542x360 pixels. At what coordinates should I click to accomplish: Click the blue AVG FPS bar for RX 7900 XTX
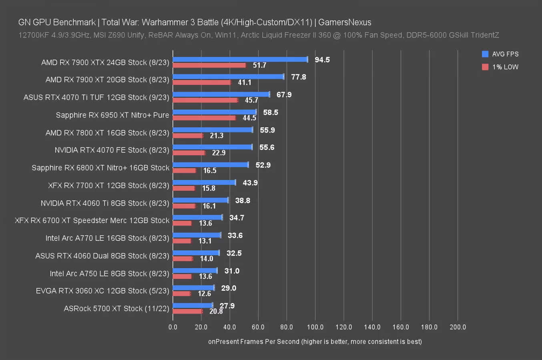click(240, 60)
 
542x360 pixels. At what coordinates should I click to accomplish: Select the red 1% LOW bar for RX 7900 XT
click(202, 82)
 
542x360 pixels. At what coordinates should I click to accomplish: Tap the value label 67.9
click(284, 95)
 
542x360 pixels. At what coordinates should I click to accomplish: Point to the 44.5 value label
click(249, 118)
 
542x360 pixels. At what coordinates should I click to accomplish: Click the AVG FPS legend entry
click(500, 54)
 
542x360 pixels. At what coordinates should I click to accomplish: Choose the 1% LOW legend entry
click(500, 67)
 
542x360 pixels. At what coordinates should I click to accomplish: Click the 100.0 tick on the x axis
click(315, 327)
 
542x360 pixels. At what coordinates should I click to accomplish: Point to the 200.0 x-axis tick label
click(458, 327)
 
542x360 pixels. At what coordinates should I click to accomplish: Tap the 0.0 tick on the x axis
click(173, 327)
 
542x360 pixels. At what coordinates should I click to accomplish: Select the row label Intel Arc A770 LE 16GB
click(107, 238)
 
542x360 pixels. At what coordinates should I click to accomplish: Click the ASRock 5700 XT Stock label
click(116, 308)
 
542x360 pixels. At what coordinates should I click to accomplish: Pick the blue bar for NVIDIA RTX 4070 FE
click(212, 147)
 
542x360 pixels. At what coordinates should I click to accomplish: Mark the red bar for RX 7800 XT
click(188, 136)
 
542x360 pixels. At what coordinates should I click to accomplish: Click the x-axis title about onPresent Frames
click(315, 342)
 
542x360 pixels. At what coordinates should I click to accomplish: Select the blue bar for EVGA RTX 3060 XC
click(193, 288)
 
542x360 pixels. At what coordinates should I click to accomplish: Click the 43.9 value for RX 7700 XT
click(250, 183)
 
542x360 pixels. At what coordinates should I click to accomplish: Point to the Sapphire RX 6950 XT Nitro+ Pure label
click(112, 115)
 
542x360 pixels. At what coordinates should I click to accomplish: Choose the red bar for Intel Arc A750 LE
click(182, 276)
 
